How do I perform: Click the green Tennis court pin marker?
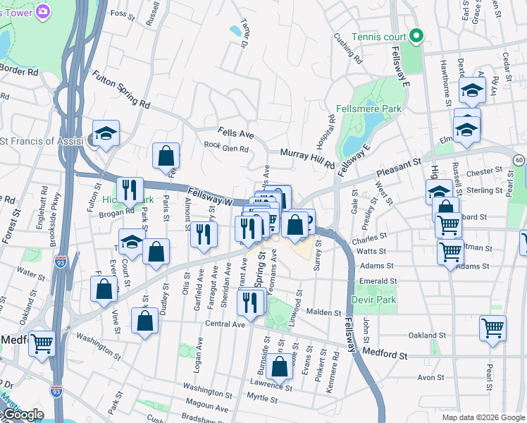click(x=416, y=35)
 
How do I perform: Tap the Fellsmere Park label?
click(x=368, y=109)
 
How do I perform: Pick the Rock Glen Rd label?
click(x=226, y=149)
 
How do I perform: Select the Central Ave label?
click(x=224, y=324)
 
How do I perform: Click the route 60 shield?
click(x=519, y=160)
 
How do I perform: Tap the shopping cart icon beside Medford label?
click(x=42, y=343)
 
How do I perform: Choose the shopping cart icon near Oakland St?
click(x=492, y=327)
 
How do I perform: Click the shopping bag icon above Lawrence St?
click(x=280, y=366)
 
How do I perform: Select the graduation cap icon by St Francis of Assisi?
click(x=106, y=133)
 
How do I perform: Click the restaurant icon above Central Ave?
click(x=251, y=301)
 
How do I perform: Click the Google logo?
click(x=23, y=415)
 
